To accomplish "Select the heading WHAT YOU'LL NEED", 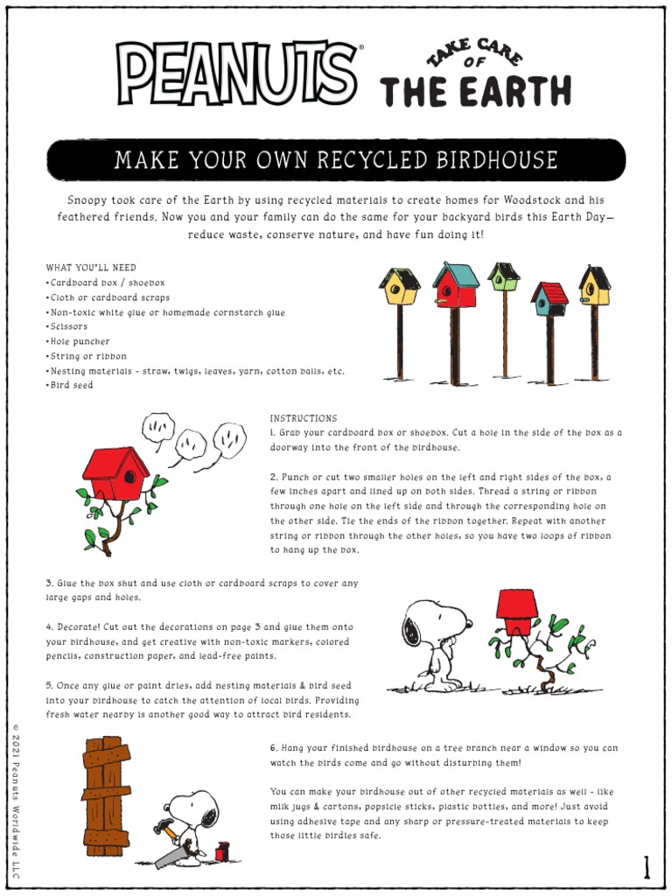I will [x=91, y=268].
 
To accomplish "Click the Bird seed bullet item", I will [x=71, y=385].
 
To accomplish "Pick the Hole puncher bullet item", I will [x=80, y=341].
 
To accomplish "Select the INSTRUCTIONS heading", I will [x=303, y=418].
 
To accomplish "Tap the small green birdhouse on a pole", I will [x=504, y=276].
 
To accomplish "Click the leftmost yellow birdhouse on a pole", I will [x=399, y=287].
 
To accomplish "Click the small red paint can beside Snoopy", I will [x=222, y=851].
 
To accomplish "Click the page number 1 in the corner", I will [x=647, y=868].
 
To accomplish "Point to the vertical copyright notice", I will [x=16, y=800].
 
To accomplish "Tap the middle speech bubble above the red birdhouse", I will [x=191, y=444].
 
